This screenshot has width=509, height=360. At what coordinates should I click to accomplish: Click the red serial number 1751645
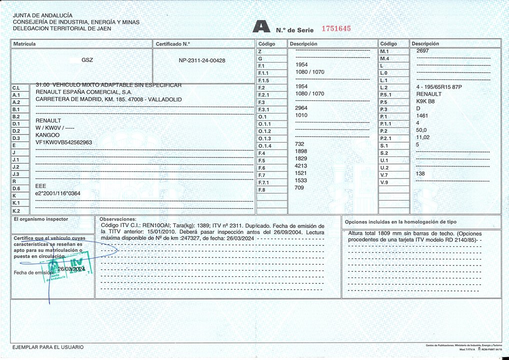pos(335,28)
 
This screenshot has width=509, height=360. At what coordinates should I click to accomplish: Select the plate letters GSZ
pos(87,60)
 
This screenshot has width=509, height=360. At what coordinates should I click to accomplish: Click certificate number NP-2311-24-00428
pos(202,60)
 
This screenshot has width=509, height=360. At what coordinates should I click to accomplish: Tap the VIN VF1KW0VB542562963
pos(63,142)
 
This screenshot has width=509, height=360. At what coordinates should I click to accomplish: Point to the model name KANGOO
pos(47,135)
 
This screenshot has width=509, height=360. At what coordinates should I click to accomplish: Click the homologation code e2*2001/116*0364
pos(57,192)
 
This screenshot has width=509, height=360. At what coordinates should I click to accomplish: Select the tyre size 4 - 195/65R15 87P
pos(438,87)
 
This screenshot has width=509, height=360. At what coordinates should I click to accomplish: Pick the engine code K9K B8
pos(425,101)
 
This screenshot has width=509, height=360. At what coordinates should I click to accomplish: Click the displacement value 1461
pos(422,115)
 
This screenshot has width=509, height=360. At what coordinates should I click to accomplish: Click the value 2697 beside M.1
pos(422,51)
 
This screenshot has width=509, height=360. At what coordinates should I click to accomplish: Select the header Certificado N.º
pos(173,44)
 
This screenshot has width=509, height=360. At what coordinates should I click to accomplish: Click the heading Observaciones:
pos(118,219)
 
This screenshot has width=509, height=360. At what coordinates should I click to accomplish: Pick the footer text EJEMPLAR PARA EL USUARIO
pos(48,347)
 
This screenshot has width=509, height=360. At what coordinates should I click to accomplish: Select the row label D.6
pos(16,188)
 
